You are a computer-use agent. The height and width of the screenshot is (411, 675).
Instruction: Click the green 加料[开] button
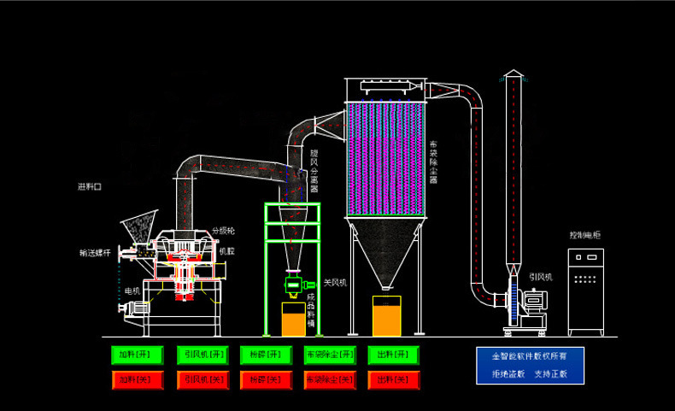point(135,355)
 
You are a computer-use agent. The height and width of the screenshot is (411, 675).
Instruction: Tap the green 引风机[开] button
point(199,355)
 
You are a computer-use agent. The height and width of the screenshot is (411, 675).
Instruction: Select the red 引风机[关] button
point(199,378)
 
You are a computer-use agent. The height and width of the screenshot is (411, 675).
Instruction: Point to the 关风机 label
point(335,282)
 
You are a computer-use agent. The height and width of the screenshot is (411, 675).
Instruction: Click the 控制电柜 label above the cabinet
point(585,235)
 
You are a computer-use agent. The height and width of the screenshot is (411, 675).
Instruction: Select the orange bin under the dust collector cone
point(386,315)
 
